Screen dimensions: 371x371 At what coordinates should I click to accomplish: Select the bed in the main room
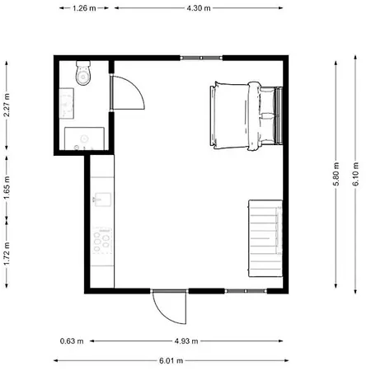point(245,115)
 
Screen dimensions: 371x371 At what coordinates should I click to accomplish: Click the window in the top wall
point(201,58)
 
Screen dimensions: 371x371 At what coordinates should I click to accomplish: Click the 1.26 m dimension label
point(82,8)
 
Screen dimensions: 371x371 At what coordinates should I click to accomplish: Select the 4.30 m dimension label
point(199,8)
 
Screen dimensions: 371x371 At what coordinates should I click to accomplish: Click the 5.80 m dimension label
point(336,176)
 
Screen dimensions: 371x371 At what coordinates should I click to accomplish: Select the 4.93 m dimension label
point(187,340)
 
